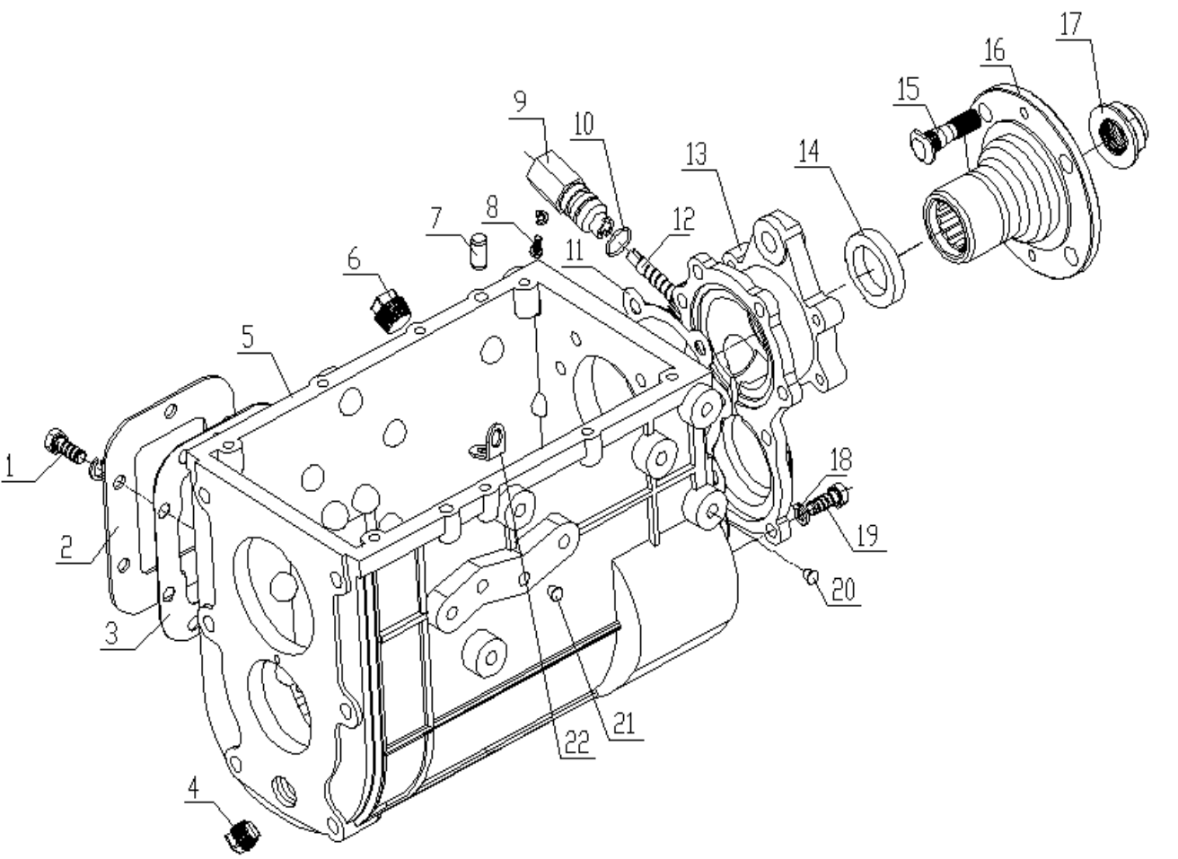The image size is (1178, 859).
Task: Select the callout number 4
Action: [194, 790]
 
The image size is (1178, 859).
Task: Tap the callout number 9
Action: [521, 101]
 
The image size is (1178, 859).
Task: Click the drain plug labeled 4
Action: [241, 837]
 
